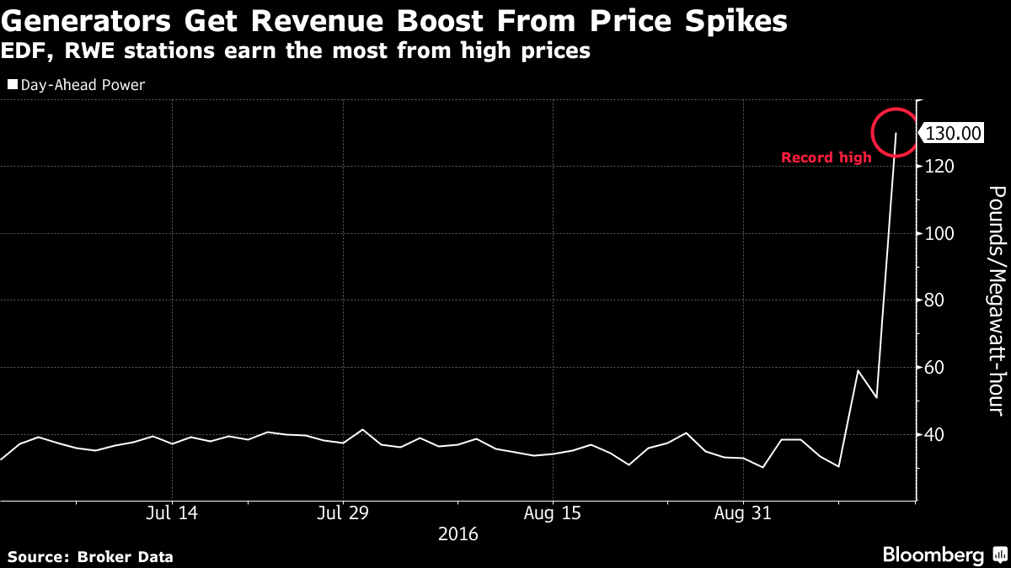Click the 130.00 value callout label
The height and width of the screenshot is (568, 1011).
(954, 133)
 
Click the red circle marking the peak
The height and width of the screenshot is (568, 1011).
(895, 132)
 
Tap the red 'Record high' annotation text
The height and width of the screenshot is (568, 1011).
(826, 157)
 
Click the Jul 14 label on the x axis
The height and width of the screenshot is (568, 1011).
(172, 512)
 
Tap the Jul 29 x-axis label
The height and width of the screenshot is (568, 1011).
(343, 512)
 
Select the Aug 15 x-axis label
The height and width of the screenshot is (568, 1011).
(553, 512)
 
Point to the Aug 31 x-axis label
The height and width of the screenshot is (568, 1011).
(744, 512)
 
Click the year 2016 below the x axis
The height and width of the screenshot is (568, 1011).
(458, 534)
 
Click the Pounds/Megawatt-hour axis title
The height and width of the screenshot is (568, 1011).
(995, 300)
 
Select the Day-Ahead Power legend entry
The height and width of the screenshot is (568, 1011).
(76, 85)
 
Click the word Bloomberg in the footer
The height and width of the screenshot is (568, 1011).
(933, 555)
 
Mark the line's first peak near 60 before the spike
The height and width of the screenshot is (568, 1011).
(858, 370)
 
